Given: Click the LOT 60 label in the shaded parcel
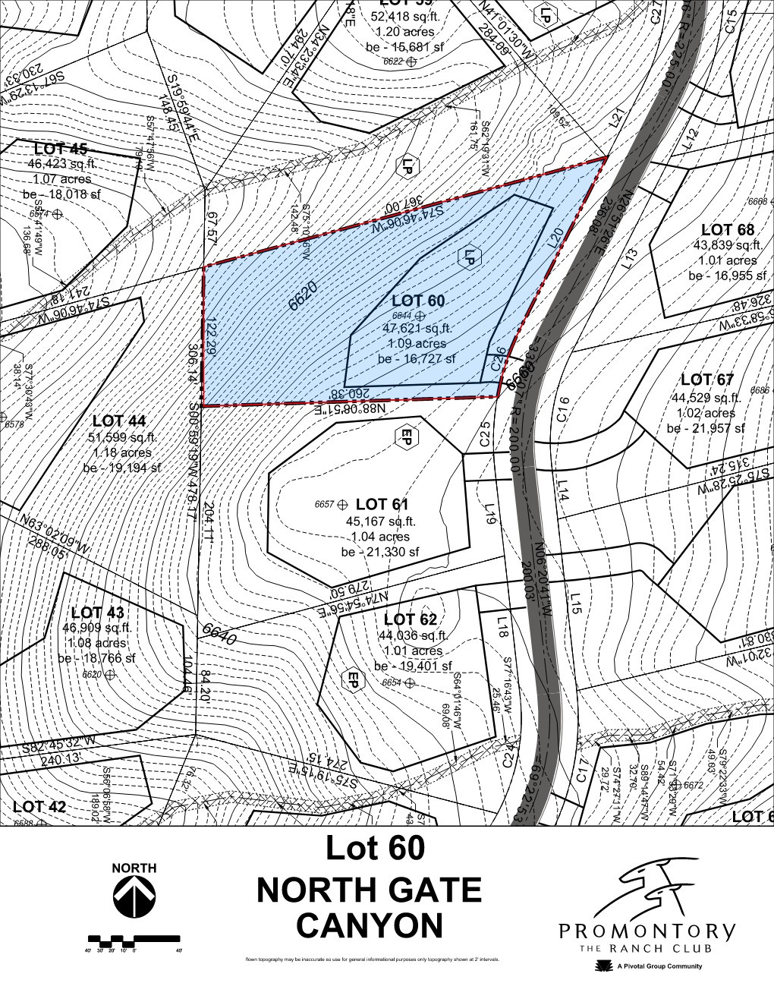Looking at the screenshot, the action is click(418, 301).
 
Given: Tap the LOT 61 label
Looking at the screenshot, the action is click(382, 504).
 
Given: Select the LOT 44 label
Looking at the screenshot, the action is click(119, 421).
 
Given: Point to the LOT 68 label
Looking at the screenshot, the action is click(727, 229).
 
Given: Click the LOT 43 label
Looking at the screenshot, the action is click(98, 613).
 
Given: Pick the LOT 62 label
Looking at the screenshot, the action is click(410, 619).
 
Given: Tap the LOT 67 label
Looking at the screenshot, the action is click(706, 380).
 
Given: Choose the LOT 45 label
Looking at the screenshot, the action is click(61, 149).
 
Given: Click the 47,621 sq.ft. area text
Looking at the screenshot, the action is click(417, 329).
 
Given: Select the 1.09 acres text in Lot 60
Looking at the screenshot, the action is click(416, 343).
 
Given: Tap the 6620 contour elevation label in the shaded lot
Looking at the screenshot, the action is click(303, 295).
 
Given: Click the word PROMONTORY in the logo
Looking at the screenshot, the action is click(647, 931).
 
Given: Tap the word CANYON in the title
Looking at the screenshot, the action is click(370, 926).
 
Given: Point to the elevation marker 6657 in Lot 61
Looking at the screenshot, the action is click(325, 504).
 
